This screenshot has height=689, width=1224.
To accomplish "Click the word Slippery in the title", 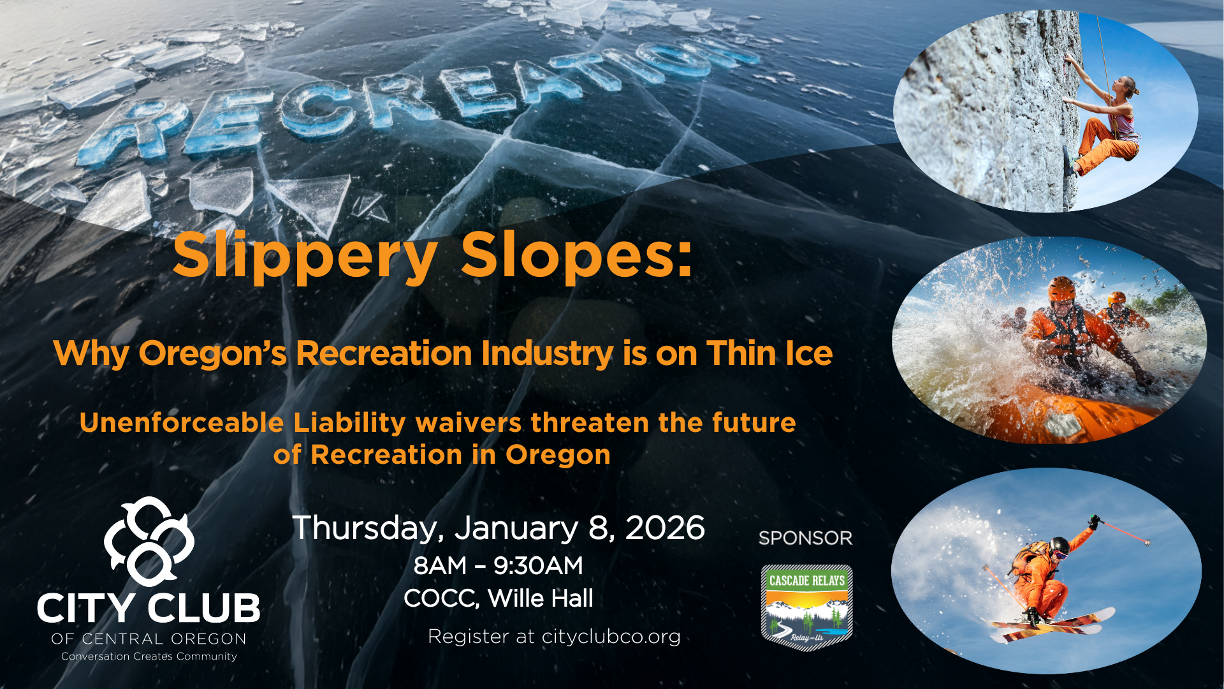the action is point(305,256).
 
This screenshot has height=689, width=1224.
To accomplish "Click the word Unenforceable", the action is point(182,423).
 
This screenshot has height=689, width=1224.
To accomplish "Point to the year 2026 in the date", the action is point(665,528).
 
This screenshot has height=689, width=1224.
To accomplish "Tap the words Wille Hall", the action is point(540,598).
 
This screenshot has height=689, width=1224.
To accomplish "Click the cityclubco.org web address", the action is point(611,637).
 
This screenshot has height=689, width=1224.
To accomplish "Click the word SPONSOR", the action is point(805,538).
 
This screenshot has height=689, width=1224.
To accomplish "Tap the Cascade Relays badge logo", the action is point(806,607).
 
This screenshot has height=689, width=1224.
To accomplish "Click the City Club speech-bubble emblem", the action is point(149,541).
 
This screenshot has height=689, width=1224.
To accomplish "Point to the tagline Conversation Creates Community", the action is point(149,656).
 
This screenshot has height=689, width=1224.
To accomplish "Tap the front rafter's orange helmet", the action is point(1061,289).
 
